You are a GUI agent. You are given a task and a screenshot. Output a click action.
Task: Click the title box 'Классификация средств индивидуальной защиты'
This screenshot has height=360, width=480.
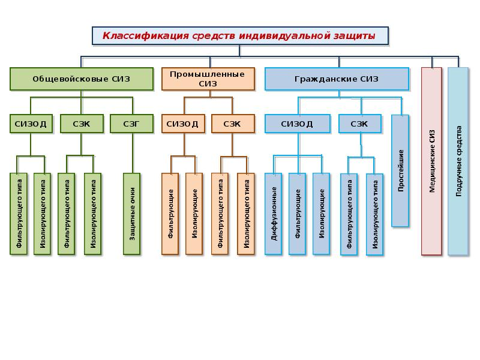241,36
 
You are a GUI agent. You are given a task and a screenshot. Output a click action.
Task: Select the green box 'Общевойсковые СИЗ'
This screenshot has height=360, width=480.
82,79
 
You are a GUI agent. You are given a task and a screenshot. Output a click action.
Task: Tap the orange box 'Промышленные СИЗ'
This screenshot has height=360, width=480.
208,79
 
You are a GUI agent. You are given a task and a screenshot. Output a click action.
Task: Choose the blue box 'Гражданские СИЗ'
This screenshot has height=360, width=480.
337,79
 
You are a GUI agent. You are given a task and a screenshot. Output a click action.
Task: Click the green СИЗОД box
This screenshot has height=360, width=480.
31,124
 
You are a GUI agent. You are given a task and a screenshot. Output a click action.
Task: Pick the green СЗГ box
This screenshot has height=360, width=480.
131,124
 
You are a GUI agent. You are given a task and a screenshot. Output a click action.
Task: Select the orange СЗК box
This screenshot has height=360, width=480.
233,124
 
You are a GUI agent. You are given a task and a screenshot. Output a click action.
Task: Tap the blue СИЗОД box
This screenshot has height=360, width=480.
298,124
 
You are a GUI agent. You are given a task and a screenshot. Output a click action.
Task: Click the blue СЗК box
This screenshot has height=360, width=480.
360,124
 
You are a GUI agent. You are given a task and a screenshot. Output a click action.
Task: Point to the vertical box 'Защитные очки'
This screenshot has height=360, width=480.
131,214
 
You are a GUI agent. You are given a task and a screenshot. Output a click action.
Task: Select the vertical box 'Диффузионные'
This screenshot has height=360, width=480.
274,214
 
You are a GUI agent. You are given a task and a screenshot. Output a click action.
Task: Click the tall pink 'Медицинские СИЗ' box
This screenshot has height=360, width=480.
431,161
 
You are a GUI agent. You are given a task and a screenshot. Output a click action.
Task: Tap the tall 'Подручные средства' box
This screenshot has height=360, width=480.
458,161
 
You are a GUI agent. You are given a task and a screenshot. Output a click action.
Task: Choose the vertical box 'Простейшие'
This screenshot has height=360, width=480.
400,171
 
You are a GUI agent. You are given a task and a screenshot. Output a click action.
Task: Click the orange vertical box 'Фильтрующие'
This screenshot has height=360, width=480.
170,214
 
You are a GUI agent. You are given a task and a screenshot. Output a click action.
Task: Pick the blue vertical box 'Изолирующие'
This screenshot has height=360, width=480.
322,214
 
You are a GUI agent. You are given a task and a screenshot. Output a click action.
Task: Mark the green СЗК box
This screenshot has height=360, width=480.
82,124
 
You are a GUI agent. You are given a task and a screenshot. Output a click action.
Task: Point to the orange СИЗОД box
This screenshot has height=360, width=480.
183,124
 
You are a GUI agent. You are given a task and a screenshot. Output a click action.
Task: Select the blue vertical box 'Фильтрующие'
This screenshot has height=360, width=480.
297,214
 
